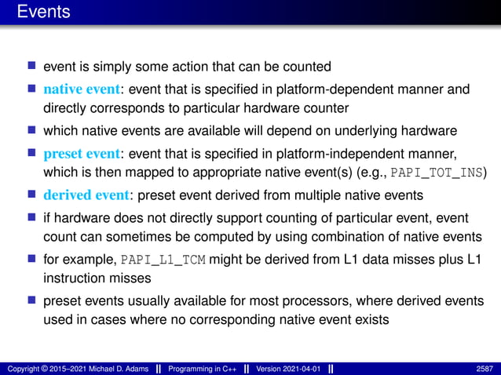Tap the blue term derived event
point(82,195)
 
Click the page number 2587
point(485,368)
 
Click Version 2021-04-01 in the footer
point(287,368)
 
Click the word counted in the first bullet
point(308,67)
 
